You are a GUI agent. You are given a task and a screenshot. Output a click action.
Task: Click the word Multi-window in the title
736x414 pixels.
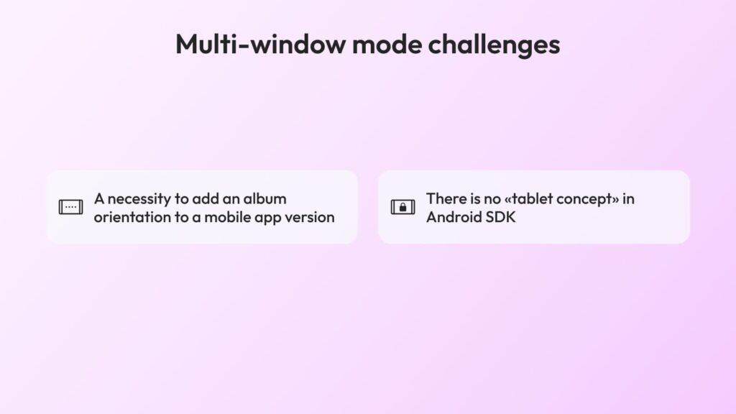pos(260,44)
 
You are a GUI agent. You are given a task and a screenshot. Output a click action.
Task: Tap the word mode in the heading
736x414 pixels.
pos(387,44)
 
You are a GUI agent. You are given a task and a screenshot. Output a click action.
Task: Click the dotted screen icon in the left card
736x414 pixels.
pos(71,206)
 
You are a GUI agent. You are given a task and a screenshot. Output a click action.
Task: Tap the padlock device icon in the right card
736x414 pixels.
pos(402,206)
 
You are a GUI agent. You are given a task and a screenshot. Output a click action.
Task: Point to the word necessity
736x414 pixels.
pos(139,200)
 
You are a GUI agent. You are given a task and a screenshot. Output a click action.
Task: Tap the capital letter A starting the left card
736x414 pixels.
pos(99,199)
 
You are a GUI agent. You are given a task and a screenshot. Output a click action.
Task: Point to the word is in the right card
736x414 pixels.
pos(474,198)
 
